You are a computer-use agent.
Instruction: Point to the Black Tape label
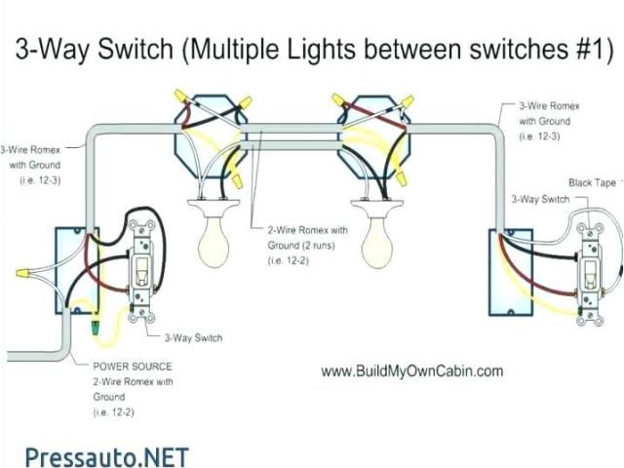point(592,182)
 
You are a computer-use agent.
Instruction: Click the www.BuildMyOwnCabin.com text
point(411,370)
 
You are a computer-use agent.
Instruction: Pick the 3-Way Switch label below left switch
point(193,337)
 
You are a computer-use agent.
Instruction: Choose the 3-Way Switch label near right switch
point(540,199)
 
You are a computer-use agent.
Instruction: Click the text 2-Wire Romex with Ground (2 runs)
point(307,237)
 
